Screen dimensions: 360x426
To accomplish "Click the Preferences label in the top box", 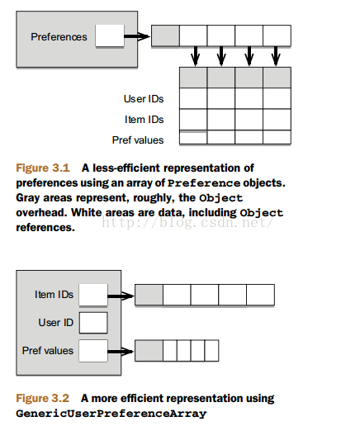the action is (x=59, y=37).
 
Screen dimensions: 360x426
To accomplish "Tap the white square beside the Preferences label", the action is (x=110, y=35).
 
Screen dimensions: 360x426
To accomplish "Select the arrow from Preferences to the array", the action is (x=137, y=36).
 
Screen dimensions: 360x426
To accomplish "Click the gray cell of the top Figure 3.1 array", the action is (x=165, y=35).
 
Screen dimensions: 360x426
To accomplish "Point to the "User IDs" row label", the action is (x=144, y=99).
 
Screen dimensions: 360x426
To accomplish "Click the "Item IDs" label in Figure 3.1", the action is (x=144, y=120).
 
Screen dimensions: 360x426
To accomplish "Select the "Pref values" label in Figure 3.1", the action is (x=138, y=140).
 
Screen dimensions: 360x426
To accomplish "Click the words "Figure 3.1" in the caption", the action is (x=43, y=168).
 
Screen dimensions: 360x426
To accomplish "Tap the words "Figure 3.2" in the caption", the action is (x=42, y=398).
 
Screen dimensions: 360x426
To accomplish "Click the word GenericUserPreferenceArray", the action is (x=111, y=414).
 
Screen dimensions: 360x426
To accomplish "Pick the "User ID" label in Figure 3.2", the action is (x=56, y=323).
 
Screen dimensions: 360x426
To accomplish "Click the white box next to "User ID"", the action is (x=93, y=323).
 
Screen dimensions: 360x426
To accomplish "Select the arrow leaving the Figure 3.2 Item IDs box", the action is (x=121, y=296).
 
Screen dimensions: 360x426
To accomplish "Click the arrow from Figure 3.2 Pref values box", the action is (x=121, y=352).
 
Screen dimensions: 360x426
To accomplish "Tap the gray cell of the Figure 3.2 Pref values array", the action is (x=149, y=350).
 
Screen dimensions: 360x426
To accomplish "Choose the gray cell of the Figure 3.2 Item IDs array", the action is (x=149, y=295).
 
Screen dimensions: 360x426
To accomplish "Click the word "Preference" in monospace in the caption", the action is (x=204, y=183).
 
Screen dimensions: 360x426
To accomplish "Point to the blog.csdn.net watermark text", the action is (x=187, y=222).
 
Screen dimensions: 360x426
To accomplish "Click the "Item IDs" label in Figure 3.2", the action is (x=54, y=295).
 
